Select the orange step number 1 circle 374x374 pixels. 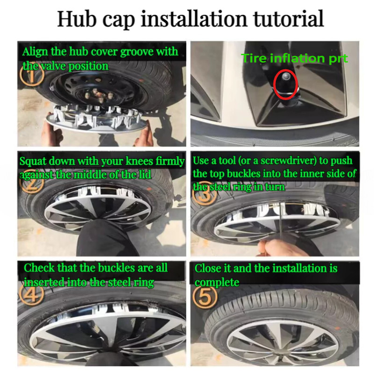(32, 74)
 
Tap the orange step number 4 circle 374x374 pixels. (32, 294)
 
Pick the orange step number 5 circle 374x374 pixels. (205, 297)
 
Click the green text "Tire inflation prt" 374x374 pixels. (295, 58)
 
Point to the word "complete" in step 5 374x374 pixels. (217, 283)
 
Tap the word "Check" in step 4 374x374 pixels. (39, 268)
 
